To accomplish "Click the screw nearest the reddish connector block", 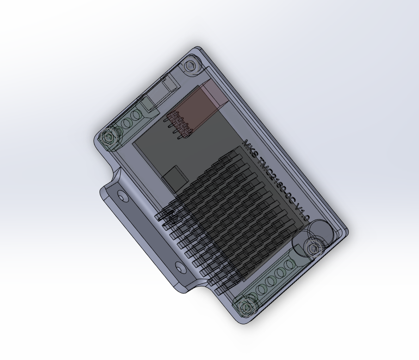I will point(191,66).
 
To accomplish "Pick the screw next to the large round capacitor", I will point(314,248).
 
